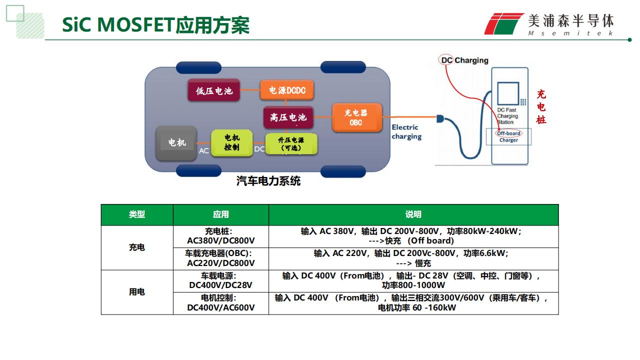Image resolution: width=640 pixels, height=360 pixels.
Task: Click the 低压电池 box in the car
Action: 213,90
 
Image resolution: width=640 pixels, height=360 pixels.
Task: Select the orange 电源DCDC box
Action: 287,90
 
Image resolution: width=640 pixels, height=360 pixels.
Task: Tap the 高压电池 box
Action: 288,117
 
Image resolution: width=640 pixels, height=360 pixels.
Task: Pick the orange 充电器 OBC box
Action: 357,117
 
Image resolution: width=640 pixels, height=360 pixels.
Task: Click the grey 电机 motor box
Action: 176,143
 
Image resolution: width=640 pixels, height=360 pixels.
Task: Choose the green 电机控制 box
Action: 231,142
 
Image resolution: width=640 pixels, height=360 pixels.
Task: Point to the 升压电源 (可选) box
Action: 291,143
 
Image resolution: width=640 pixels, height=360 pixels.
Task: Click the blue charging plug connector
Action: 440,118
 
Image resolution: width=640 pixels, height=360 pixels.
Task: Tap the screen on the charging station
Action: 508,93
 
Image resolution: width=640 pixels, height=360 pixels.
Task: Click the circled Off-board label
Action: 508,133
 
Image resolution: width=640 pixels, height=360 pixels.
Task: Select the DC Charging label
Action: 464,60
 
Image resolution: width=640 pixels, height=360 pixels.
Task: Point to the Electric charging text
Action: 406,131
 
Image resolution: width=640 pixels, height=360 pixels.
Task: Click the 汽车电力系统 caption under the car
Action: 268,181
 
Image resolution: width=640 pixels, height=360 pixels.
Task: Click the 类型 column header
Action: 137,214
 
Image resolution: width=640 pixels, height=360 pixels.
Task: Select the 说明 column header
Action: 413,214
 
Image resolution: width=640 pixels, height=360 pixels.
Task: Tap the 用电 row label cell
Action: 137,292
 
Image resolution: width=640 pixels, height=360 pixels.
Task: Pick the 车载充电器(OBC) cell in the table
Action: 221,258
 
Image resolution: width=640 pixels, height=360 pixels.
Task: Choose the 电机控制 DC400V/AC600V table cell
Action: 221,303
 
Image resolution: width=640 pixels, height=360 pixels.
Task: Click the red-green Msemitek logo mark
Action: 503,23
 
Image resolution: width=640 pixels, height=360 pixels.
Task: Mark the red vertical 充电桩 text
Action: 541,107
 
